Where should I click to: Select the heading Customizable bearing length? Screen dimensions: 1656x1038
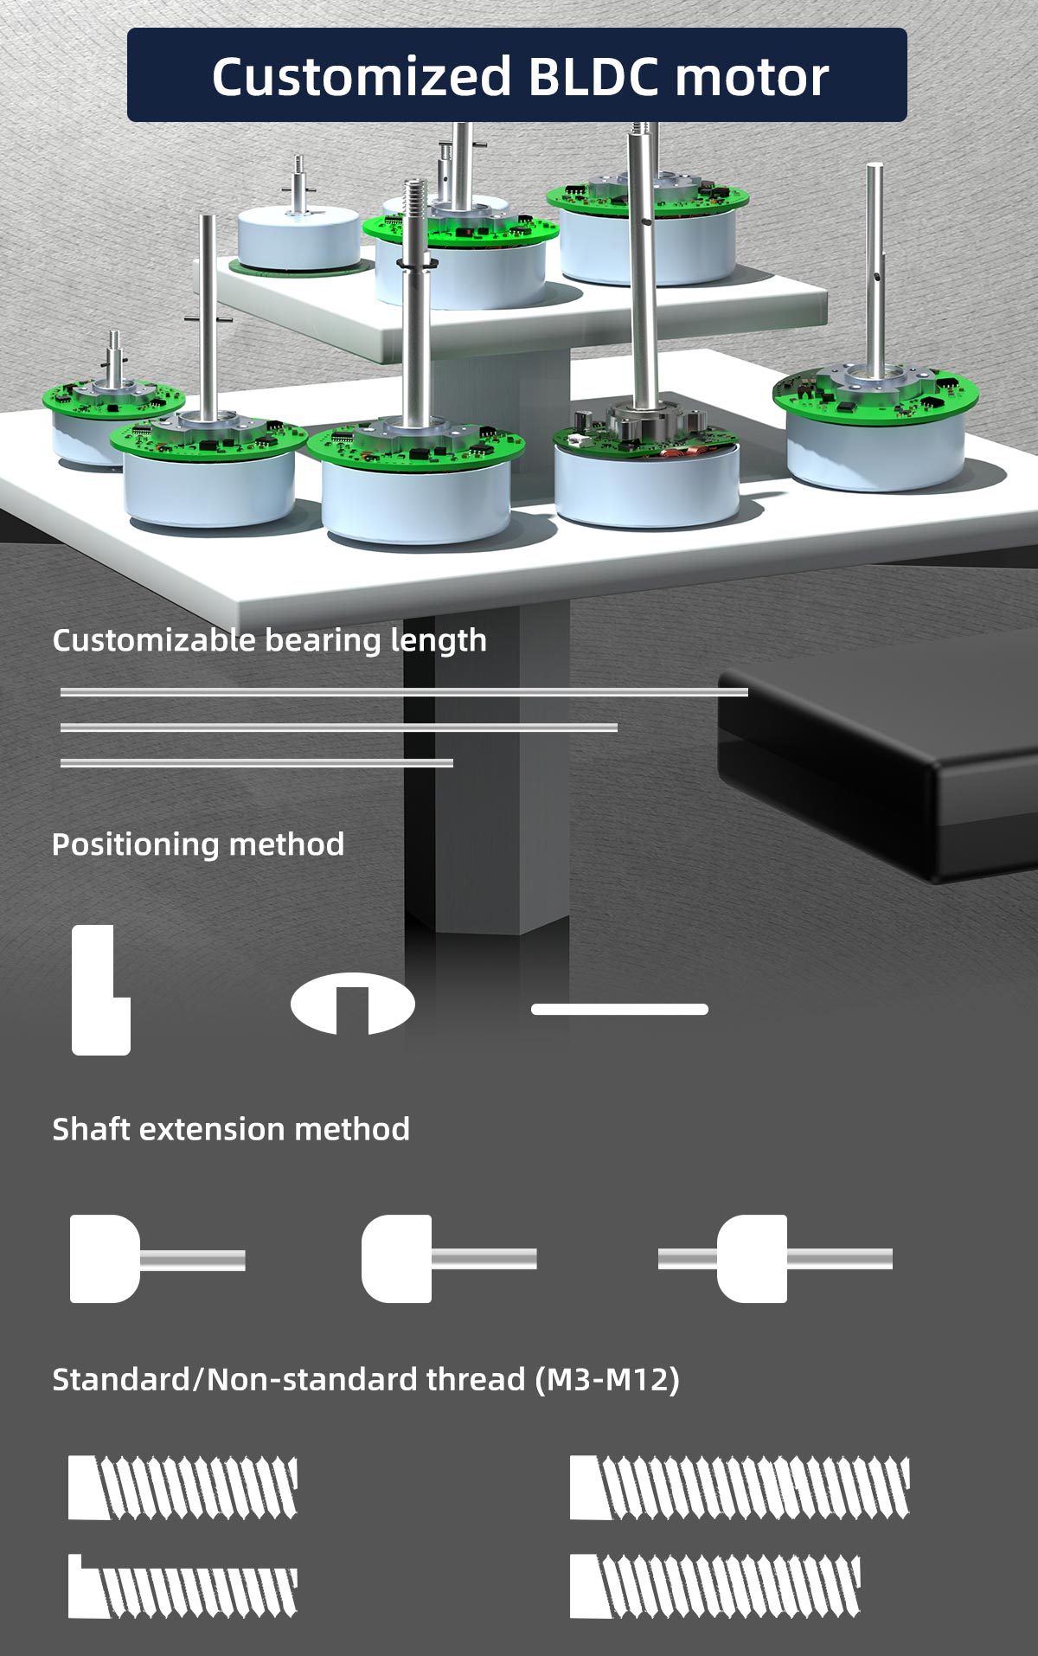[x=269, y=640]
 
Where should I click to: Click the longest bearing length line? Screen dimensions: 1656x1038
[x=404, y=691]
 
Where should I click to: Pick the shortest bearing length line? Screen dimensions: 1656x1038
[x=257, y=762]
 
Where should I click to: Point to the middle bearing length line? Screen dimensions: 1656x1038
[x=339, y=727]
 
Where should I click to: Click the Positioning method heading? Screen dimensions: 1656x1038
[x=198, y=844]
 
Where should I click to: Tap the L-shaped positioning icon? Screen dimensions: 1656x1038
[x=99, y=991]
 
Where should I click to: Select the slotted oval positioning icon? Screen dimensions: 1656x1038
[x=352, y=1005]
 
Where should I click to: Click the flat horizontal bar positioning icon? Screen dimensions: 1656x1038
[x=619, y=1009]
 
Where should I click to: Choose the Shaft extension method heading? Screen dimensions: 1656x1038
[x=231, y=1129]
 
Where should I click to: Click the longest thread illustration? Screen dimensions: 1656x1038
[x=740, y=1487]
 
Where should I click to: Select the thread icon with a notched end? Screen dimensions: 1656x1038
[x=183, y=1586]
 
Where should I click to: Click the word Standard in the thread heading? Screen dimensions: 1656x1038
[x=120, y=1378]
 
